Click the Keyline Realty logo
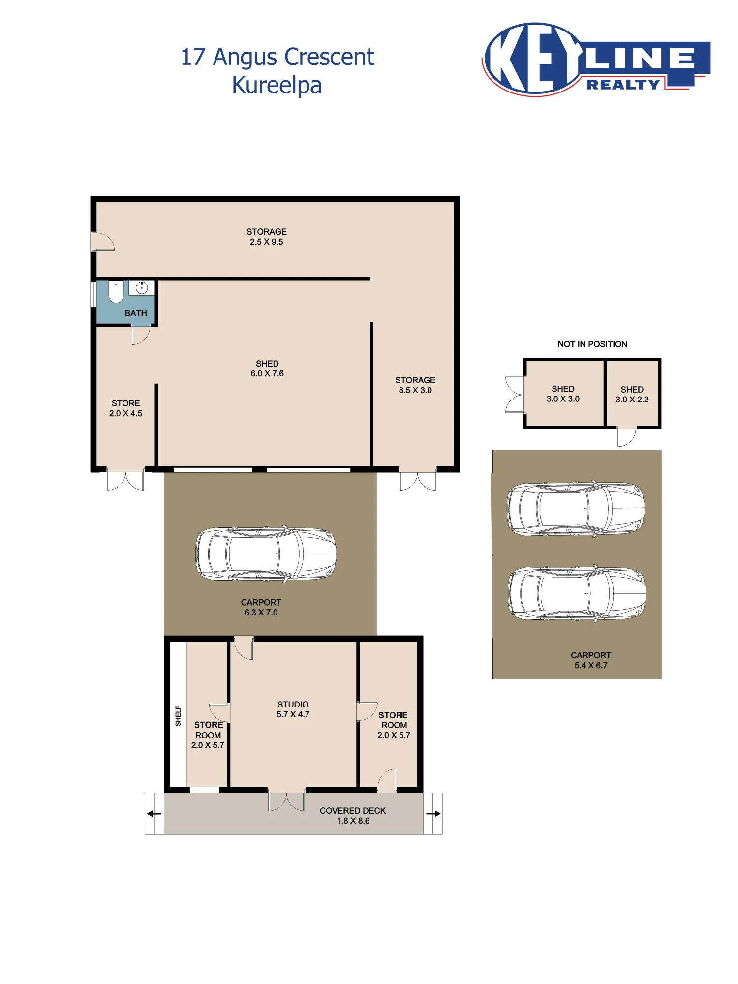coord(596,60)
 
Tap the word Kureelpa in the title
coord(277,85)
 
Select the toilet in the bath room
coord(116,292)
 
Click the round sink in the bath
coord(142,288)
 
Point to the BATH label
coord(136,313)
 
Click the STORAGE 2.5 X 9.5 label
coord(267,237)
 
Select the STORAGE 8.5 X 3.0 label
coord(415,385)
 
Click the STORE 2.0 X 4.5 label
coord(125,408)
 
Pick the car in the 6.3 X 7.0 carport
coord(266,554)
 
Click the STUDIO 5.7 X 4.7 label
coord(293,709)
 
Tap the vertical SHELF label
coord(178,716)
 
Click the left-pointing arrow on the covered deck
coord(154,813)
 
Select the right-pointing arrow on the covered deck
coord(433,813)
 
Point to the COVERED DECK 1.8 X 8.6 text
coord(353,816)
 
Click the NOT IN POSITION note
coord(592,344)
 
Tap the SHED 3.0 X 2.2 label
coord(632,395)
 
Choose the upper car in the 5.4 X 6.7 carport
coord(576,509)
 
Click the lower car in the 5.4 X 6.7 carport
coord(577,593)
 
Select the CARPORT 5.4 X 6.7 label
coord(591,660)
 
